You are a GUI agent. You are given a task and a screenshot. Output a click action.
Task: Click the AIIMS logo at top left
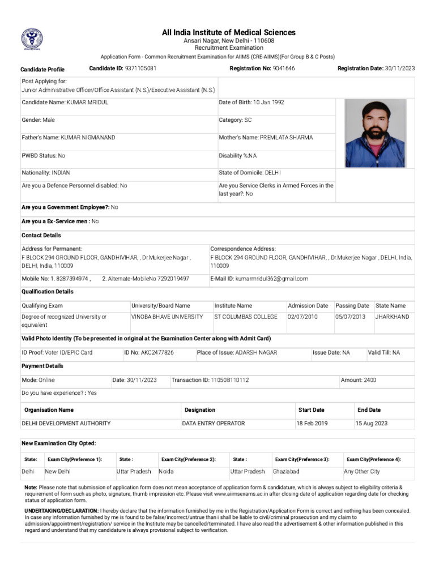pyautogui.click(x=32, y=40)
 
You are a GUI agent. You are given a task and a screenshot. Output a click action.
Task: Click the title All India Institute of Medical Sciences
pyautogui.click(x=229, y=33)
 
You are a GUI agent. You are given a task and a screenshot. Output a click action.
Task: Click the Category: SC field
pyautogui.click(x=235, y=120)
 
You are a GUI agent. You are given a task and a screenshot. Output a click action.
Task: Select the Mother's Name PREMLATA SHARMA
pyautogui.click(x=286, y=138)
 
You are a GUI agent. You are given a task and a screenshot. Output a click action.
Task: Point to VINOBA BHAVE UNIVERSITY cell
pyautogui.click(x=167, y=317)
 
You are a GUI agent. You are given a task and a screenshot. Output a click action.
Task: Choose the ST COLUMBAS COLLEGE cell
pyautogui.click(x=246, y=317)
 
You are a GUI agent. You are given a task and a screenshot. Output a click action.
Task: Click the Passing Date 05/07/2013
pyautogui.click(x=351, y=317)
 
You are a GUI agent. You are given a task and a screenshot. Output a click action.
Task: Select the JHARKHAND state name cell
pyautogui.click(x=392, y=317)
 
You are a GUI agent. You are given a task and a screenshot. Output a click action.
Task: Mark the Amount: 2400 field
pyautogui.click(x=358, y=380)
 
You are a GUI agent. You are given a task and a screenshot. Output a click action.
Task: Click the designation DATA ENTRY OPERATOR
pyautogui.click(x=214, y=423)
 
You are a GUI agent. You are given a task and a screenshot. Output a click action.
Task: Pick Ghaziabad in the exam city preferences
pyautogui.click(x=286, y=471)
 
